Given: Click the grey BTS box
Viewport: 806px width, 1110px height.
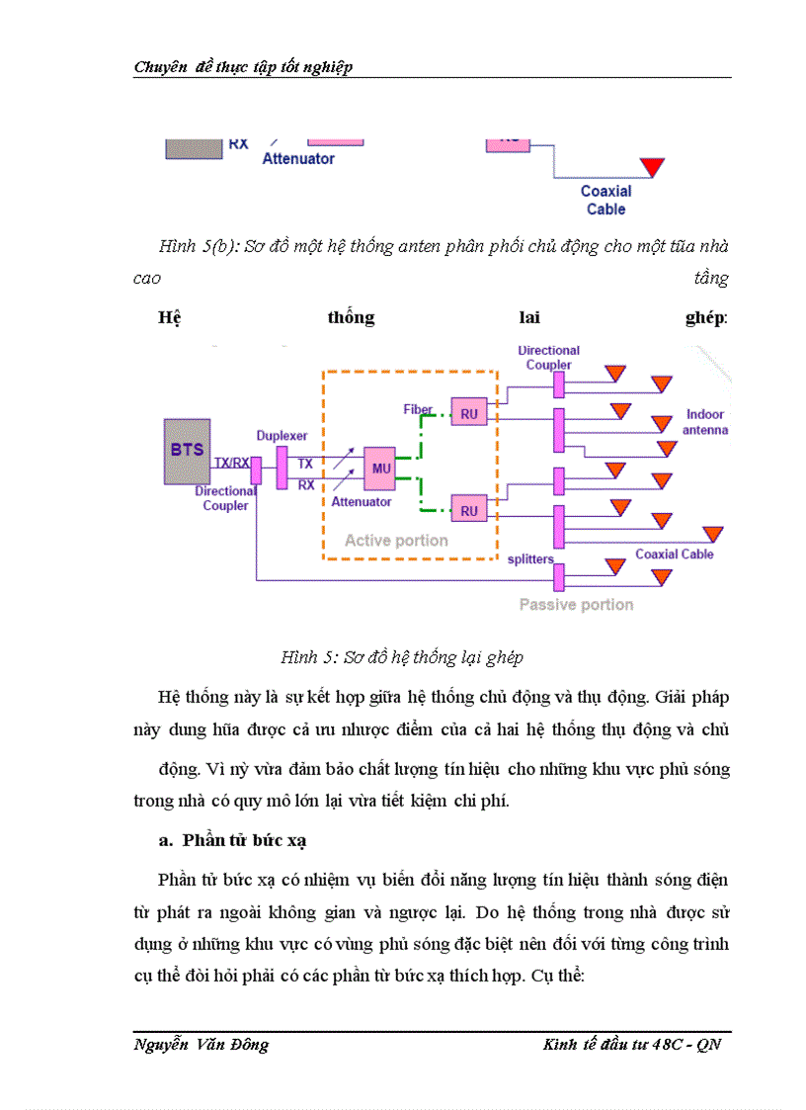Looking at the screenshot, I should click(187, 451).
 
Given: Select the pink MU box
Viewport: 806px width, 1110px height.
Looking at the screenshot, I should click(378, 468).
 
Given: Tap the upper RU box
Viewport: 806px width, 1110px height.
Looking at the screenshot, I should click(468, 413).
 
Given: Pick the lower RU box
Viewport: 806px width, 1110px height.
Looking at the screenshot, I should click(468, 510).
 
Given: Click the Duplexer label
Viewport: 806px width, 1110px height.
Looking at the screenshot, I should click(282, 435).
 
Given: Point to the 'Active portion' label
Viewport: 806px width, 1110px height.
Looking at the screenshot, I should click(396, 541).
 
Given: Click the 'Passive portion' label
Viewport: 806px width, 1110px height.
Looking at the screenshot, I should click(576, 604).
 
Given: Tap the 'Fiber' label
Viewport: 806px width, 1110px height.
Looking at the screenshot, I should click(418, 408).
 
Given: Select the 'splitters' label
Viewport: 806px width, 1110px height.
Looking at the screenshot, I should click(530, 558).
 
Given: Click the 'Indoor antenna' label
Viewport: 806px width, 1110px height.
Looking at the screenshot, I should click(705, 422).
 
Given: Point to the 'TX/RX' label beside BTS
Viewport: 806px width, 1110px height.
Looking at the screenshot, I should click(232, 463).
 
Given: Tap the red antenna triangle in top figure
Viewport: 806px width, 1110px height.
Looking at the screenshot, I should click(651, 166).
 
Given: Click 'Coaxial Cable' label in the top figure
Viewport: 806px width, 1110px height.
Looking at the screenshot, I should click(605, 200).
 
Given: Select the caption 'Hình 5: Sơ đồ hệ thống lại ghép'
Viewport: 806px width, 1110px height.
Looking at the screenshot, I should click(402, 657).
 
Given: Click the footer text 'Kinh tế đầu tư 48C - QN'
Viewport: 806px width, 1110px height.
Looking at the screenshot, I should click(632, 1046).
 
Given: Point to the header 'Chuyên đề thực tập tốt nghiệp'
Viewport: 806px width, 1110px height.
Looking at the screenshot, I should click(243, 67).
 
